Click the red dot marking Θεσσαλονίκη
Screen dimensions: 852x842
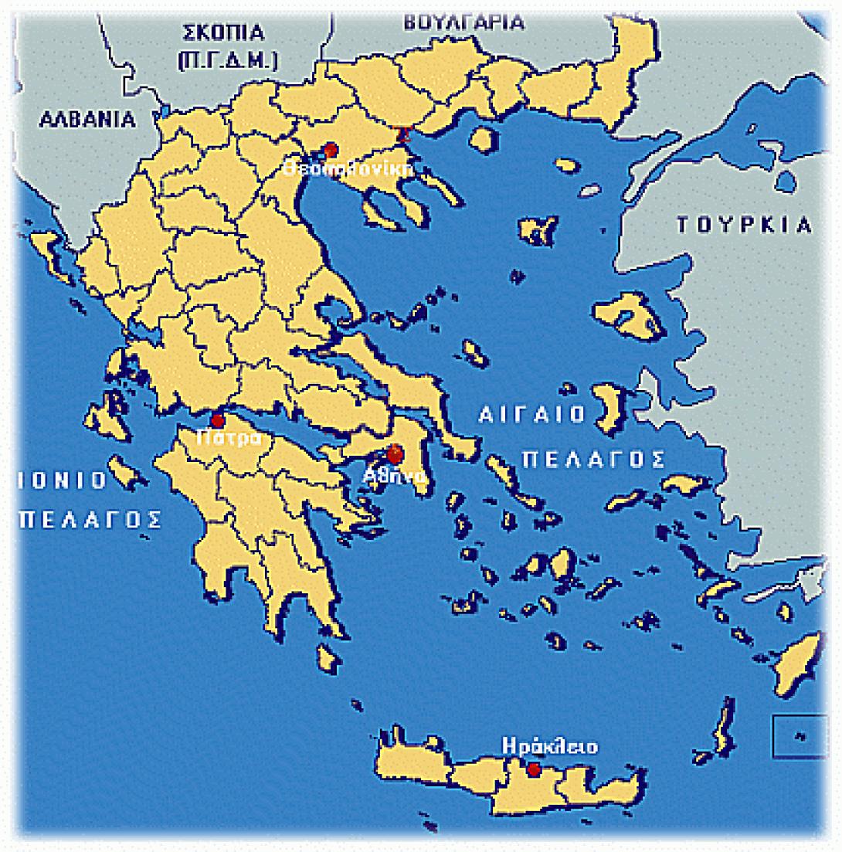[331, 149]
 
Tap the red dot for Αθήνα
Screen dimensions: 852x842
[395, 454]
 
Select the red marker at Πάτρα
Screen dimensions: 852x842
[218, 421]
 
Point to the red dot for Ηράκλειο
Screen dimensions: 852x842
[533, 769]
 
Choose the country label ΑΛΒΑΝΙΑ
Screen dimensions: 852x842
[87, 120]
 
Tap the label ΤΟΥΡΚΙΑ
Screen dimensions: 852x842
[745, 226]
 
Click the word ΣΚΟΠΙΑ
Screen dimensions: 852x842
[222, 33]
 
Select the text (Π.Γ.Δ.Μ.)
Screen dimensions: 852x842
[228, 62]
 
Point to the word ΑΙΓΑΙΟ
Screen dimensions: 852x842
[532, 415]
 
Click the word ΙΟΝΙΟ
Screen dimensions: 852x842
[62, 480]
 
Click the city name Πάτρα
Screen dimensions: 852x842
[223, 438]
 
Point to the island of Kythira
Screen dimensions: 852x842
[330, 659]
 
